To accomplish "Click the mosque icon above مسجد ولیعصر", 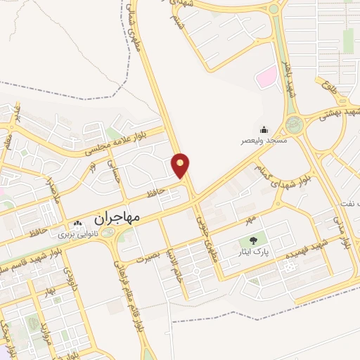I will (x=263, y=129).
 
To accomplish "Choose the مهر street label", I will (x=249, y=220).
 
